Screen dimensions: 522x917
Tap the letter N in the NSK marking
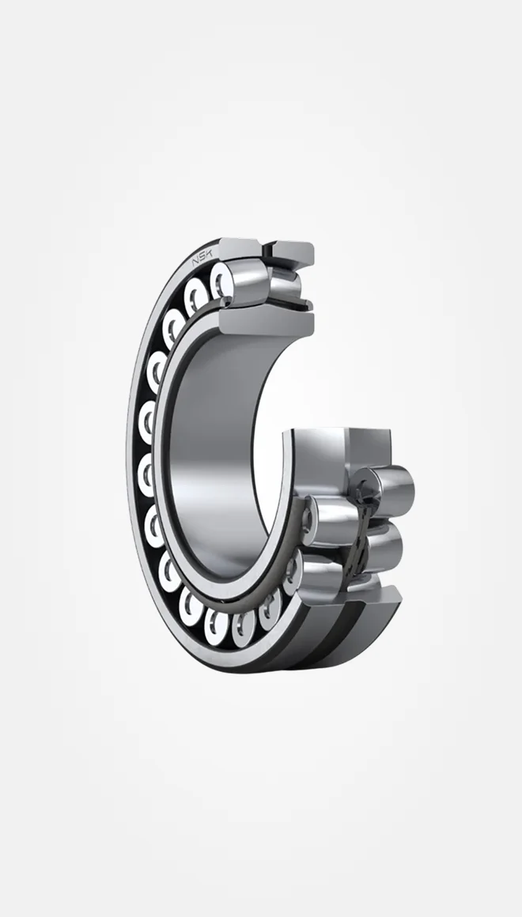196,263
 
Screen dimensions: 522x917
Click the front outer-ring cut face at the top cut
240,247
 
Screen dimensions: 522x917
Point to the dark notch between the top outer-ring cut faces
268,250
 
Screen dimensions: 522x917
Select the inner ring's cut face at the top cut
267,323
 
